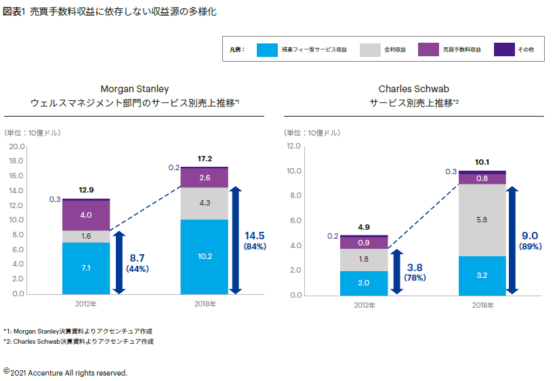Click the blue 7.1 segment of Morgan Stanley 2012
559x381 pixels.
tap(86, 268)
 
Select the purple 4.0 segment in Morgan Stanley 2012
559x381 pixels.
tap(86, 215)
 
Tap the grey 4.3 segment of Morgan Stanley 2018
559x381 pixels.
tap(205, 203)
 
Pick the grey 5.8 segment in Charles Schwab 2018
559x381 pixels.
tap(482, 220)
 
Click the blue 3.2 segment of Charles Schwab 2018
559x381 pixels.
tap(482, 275)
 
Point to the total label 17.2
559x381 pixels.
tap(205, 159)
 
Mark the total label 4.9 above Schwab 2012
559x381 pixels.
tap(363, 227)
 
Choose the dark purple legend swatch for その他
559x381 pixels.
tap(504, 49)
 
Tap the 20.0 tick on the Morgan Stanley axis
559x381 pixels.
tap(17, 146)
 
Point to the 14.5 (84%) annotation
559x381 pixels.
tap(255, 240)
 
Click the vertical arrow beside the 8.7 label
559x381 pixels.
tap(119, 263)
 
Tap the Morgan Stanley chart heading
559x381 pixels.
tap(135, 96)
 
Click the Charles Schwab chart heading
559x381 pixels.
tap(414, 96)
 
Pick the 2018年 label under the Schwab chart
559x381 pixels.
tap(482, 305)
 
